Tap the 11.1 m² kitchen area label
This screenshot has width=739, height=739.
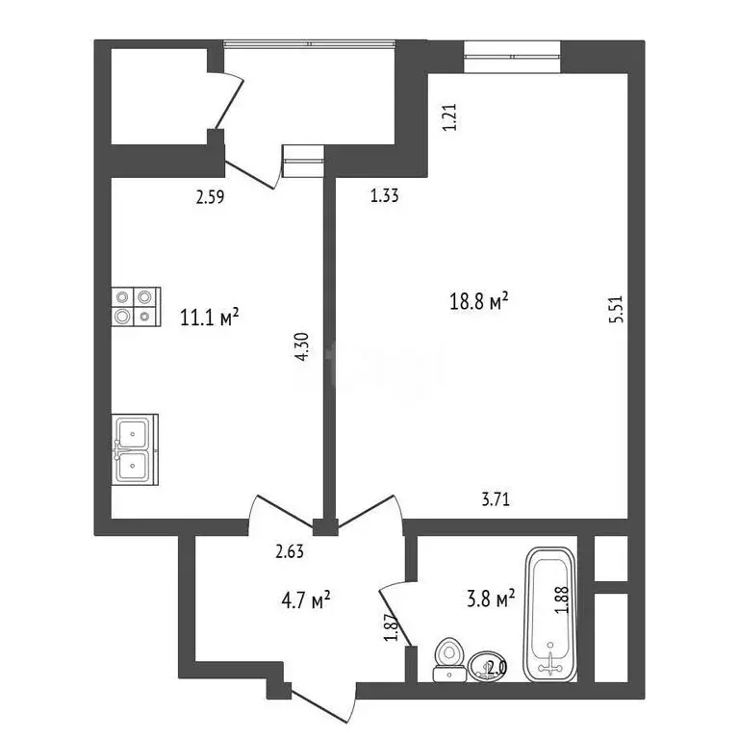209,317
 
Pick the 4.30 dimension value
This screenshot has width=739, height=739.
302,347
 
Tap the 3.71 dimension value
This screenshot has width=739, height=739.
496,498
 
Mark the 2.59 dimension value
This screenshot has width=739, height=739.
211,199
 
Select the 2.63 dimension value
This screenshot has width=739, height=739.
290,551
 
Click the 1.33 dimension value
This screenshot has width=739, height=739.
385,196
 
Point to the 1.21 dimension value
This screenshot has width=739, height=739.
446,117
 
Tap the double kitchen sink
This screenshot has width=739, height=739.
133,448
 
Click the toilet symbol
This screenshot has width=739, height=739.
447,658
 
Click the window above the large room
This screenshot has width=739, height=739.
512,56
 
